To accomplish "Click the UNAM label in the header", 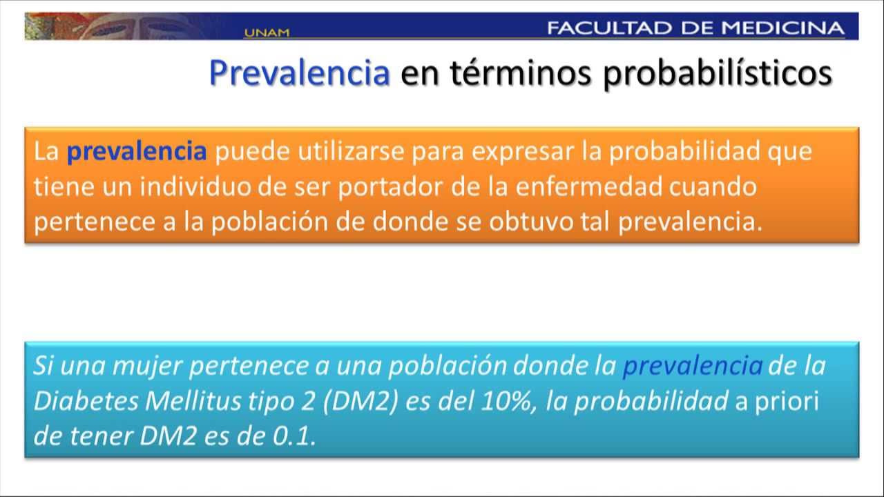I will click(x=267, y=32).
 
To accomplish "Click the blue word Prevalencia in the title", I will click(x=300, y=73).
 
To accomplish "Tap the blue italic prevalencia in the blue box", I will click(x=692, y=366).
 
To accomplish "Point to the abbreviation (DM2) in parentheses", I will click(x=359, y=402).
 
